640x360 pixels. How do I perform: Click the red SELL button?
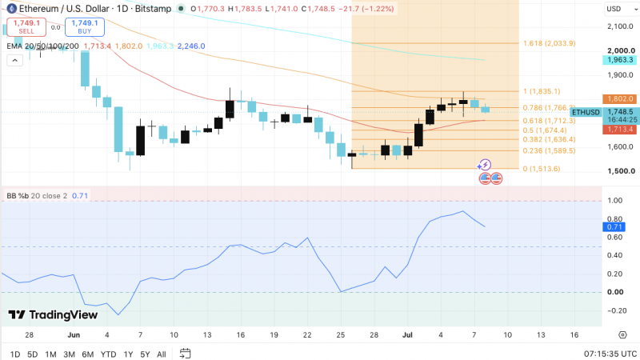pos(26,27)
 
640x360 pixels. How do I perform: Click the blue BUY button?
pos(85,27)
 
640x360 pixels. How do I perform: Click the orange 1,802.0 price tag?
pos(619,98)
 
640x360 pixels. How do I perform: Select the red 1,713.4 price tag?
pos(619,130)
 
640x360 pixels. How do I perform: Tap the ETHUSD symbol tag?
pos(586,112)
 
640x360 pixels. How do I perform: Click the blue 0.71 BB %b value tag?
pos(614,227)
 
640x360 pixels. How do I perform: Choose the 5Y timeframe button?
pos(145,354)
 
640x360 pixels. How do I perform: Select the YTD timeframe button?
pos(108,354)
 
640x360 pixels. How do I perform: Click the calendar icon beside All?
pos(185,354)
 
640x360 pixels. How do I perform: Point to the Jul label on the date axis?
pos(407,335)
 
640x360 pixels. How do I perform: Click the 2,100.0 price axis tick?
pos(620,26)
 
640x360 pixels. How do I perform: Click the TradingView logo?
pos(53,314)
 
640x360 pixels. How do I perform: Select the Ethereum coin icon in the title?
pos(11,9)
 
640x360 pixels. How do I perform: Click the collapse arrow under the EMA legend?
pos(14,61)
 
